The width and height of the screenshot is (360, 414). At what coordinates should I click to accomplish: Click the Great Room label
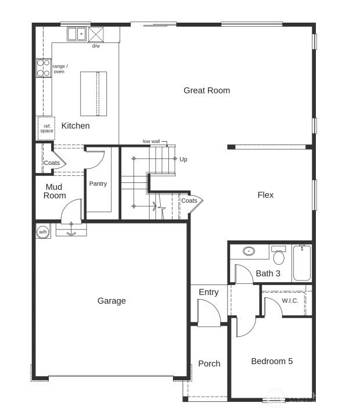tap(207, 91)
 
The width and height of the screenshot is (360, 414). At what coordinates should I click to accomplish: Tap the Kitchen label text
tap(75, 126)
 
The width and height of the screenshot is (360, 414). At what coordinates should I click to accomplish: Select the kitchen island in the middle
tap(93, 94)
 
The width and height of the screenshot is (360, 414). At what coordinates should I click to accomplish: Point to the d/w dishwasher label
tap(96, 45)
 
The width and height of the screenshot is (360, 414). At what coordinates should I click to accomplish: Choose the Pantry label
tap(98, 184)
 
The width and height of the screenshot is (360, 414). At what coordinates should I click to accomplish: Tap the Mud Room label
tap(56, 192)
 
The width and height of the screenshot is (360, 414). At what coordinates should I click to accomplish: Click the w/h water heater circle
tap(43, 232)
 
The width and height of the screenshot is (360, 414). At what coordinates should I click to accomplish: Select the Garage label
tap(111, 301)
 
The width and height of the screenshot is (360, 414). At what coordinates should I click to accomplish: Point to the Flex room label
tap(265, 195)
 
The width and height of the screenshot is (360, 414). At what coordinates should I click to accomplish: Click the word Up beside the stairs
tap(183, 159)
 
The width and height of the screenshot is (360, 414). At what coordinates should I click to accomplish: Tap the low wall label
tap(151, 142)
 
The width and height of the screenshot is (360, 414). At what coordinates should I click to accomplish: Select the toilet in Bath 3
tap(279, 255)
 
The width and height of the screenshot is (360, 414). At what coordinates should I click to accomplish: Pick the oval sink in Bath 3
tap(250, 252)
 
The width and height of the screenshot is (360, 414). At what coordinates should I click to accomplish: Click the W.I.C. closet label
tap(290, 301)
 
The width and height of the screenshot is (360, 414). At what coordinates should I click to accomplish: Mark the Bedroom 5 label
tap(272, 361)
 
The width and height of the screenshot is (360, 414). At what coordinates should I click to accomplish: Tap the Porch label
tap(209, 364)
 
